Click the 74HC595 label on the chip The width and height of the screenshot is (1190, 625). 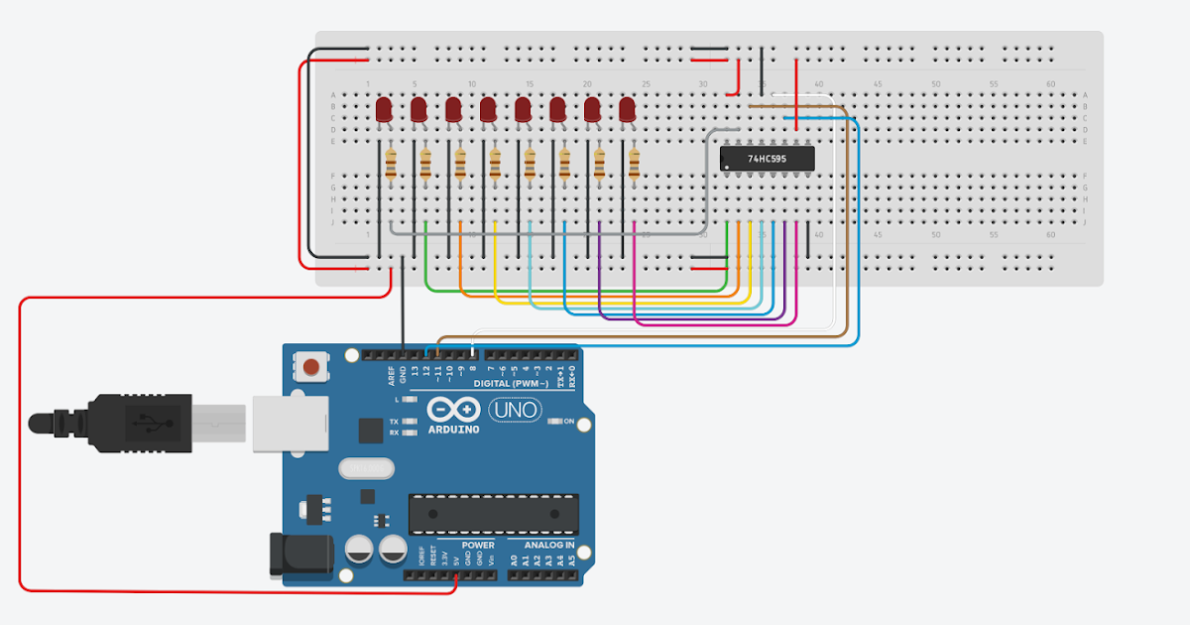[x=767, y=158]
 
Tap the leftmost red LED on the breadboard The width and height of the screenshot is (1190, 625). [x=385, y=109]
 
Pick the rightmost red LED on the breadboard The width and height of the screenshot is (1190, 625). [x=627, y=109]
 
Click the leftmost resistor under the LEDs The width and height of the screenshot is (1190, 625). [x=390, y=164]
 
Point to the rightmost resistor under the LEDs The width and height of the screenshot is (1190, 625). [x=634, y=164]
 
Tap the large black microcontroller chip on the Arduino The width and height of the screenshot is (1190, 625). [x=493, y=513]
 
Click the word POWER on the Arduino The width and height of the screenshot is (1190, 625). [x=478, y=545]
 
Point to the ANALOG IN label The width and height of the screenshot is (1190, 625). [x=542, y=545]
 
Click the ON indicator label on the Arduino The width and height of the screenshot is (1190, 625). [x=569, y=422]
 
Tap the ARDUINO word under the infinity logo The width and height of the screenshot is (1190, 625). [x=454, y=430]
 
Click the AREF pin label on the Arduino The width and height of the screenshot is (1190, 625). [x=392, y=374]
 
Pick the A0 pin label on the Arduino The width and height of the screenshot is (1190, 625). [x=514, y=561]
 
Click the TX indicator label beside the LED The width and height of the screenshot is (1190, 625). [x=394, y=422]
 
